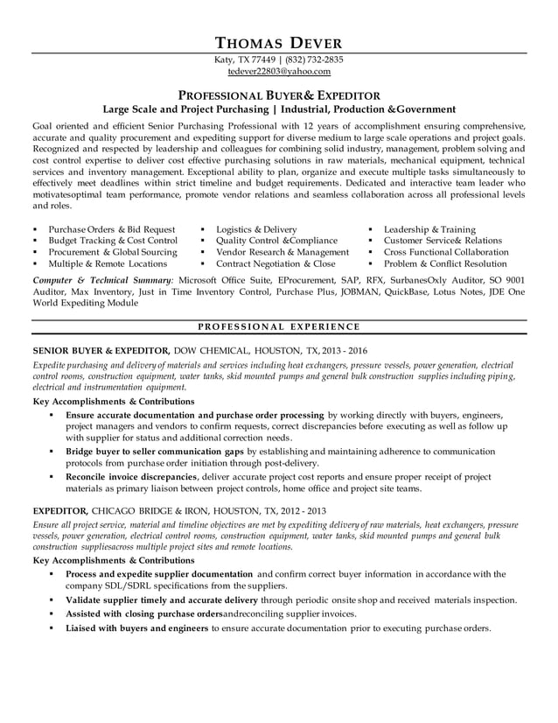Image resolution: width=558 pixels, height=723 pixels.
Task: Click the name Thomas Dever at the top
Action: (x=279, y=42)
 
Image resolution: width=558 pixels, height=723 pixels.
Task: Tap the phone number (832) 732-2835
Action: (x=311, y=60)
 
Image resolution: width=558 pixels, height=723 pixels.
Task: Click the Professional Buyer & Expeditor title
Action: (x=279, y=95)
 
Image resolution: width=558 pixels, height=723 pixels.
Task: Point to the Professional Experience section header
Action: (x=279, y=326)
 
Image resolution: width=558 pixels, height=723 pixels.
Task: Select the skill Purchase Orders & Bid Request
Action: (x=111, y=229)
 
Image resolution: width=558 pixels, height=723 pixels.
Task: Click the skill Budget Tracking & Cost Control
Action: (x=113, y=241)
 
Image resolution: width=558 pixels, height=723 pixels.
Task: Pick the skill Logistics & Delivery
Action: (x=256, y=229)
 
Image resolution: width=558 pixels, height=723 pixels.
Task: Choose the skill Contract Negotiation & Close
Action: (x=276, y=263)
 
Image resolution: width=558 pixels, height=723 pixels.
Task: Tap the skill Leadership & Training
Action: (x=429, y=229)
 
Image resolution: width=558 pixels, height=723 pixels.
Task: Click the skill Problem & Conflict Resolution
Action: (x=445, y=263)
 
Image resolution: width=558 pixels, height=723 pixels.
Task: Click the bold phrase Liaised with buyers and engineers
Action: (x=136, y=628)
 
